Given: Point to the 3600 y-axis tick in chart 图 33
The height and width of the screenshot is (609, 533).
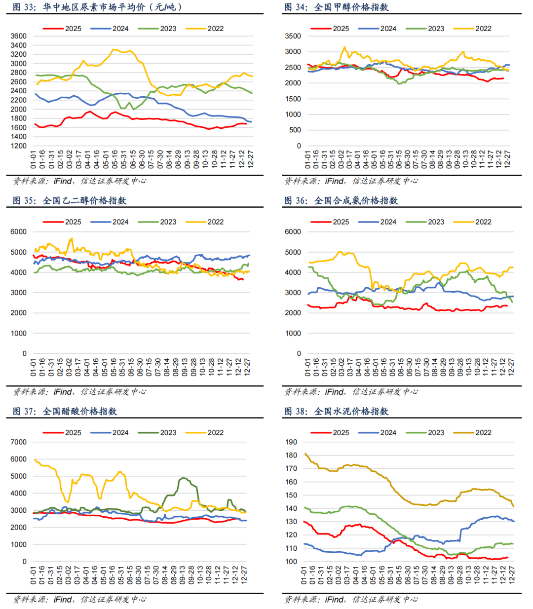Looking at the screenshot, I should [18, 36].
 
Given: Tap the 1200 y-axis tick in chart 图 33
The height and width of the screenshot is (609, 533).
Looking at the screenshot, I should [18, 146].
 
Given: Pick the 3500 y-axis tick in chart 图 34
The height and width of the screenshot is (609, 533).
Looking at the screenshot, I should [293, 36].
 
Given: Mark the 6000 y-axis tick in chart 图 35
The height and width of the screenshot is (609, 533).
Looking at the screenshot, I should [18, 231].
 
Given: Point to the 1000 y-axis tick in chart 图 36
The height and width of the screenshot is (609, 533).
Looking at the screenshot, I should [293, 333].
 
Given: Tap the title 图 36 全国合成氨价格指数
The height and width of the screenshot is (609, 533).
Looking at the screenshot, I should [341, 200].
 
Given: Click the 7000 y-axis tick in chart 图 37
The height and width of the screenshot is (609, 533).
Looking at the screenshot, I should [18, 442].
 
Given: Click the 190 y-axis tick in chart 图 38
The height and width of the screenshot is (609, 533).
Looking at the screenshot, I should [291, 442].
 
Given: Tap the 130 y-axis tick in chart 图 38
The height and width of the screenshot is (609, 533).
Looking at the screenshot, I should [291, 522].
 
